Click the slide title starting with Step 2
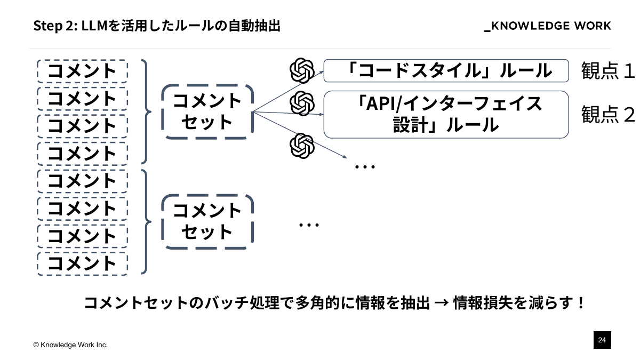pyautogui.click(x=157, y=26)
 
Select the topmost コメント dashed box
pyautogui.click(x=82, y=70)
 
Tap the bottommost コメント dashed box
pyautogui.click(x=82, y=263)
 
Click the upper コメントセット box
pyautogui.click(x=207, y=111)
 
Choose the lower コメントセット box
pyautogui.click(x=207, y=222)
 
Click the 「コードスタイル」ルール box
pyautogui.click(x=446, y=71)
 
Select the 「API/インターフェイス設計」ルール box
pyautogui.click(x=446, y=114)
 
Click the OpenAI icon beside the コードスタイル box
pyautogui.click(x=302, y=70)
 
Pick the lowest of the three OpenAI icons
pyautogui.click(x=302, y=146)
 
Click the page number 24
pyautogui.click(x=602, y=340)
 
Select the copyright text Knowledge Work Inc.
pyautogui.click(x=70, y=345)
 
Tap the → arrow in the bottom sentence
pyautogui.click(x=441, y=303)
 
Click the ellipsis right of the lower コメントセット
pyautogui.click(x=309, y=225)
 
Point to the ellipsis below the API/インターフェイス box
pyautogui.click(x=365, y=167)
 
